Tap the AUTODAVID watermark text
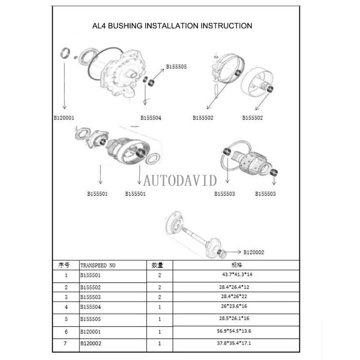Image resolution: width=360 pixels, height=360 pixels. tap(180, 180)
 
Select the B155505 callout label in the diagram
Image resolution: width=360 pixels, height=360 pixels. tap(176, 67)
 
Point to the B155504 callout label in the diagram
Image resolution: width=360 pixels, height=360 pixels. tap(151, 118)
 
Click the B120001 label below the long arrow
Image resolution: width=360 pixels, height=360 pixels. tap(64, 118)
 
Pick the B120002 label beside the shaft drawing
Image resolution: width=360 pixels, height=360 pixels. tap(253, 252)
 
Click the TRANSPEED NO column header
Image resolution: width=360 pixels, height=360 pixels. tap(98, 265)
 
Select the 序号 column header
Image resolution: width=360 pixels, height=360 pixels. tap(64, 265)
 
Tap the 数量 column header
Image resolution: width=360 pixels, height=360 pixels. tap(157, 265)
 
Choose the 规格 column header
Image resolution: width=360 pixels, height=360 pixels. tap(236, 265)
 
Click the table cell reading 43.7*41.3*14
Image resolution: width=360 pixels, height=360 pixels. tap(236, 275)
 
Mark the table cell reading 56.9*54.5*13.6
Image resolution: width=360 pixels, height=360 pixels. tap(236, 331)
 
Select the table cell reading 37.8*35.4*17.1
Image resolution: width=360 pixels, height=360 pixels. tap(236, 343)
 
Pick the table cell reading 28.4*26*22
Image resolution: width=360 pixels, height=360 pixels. tap(236, 297)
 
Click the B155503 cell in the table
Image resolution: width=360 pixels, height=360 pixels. tap(90, 297)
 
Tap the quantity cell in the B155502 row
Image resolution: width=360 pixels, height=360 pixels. tap(159, 288)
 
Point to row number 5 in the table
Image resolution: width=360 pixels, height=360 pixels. tap(66, 319)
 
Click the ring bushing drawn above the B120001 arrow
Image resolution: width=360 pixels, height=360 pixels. tap(64, 53)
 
